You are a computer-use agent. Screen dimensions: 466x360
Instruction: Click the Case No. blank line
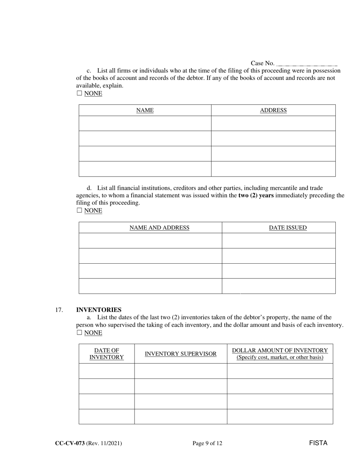tap(307, 64)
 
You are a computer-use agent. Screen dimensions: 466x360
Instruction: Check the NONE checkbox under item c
tap(79, 93)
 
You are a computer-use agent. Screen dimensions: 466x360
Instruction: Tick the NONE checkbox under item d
tap(79, 211)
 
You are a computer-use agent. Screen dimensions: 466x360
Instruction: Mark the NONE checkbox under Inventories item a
tap(79, 333)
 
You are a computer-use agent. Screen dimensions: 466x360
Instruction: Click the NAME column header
tap(145, 110)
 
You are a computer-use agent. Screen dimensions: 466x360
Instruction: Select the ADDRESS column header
tap(273, 110)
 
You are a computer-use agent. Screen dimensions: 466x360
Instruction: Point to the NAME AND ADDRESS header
tap(159, 228)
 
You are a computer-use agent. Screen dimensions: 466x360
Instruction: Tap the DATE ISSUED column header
tap(288, 228)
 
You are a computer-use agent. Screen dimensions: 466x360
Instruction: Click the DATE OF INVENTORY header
tap(106, 354)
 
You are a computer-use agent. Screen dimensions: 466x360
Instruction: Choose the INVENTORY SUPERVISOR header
tap(181, 354)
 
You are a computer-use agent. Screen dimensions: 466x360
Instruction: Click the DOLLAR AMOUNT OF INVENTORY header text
tap(280, 350)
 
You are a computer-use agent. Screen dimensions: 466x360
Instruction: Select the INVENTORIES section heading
tap(99, 310)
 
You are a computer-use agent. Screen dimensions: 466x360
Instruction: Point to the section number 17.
tap(59, 310)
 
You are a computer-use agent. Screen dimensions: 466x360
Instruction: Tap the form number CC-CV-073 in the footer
tap(70, 443)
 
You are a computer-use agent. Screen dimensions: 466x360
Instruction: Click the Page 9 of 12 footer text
tap(207, 443)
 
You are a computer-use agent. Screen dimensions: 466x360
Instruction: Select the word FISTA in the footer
tap(318, 443)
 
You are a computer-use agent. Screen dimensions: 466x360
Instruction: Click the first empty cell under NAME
tap(145, 124)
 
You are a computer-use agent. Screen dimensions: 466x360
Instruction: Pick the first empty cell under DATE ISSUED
tap(279, 241)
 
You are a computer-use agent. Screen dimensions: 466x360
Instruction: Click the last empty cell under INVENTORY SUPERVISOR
tap(181, 416)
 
